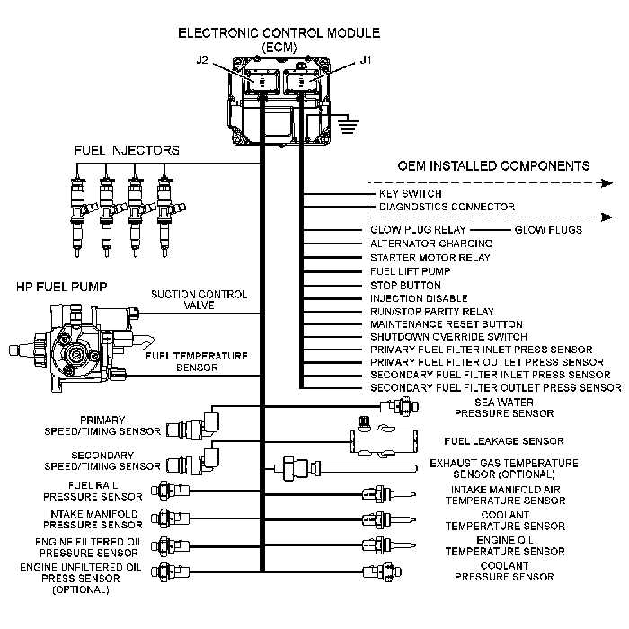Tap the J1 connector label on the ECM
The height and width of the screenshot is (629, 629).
tap(364, 61)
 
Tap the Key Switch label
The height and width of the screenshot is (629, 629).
tap(410, 193)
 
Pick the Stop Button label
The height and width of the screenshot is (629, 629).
tap(401, 284)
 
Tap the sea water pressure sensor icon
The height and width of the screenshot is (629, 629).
tap(395, 406)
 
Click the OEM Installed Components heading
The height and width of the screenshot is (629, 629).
tap(493, 166)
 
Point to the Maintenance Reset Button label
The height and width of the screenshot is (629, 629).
tap(447, 323)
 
